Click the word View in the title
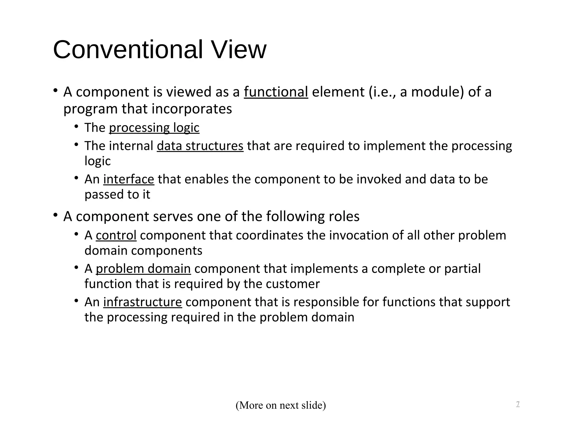tap(238, 50)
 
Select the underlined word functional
tap(276, 92)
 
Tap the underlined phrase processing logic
tap(154, 128)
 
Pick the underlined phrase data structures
tap(200, 146)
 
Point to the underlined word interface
tap(129, 179)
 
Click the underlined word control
tap(116, 235)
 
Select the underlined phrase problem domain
tap(143, 269)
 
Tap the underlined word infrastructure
tap(142, 302)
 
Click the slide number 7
tap(518, 404)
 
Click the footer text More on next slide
tap(281, 405)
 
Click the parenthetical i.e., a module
tap(416, 92)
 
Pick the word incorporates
tap(192, 109)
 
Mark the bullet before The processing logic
tap(76, 126)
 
